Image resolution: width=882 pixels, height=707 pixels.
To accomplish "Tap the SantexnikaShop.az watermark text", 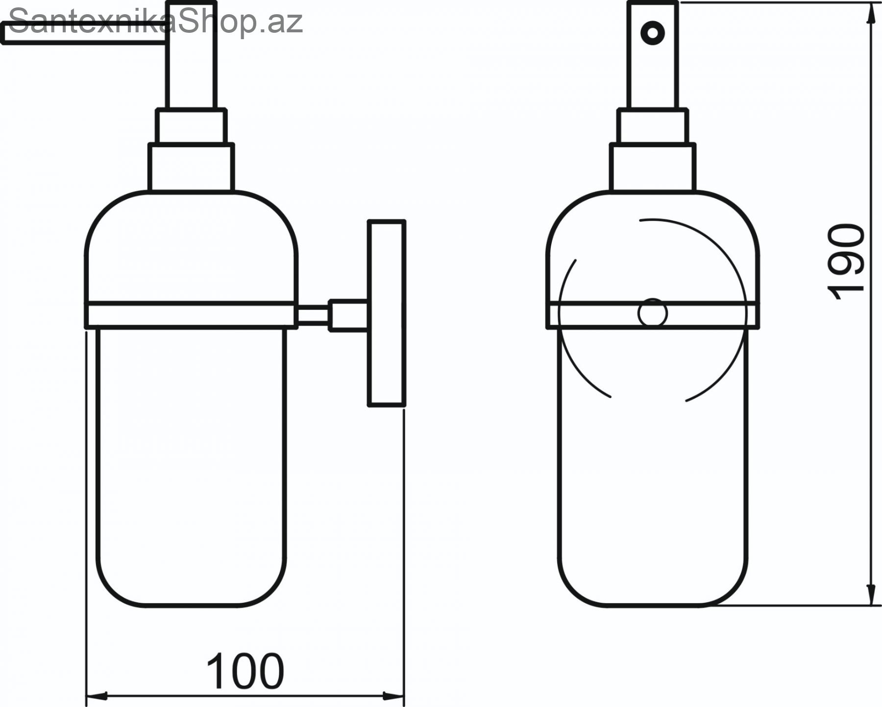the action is pos(156,22).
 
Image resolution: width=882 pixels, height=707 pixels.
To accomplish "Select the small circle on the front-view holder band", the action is pos(652,312).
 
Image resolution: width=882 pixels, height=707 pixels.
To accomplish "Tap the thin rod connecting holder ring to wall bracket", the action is pos(313,314).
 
